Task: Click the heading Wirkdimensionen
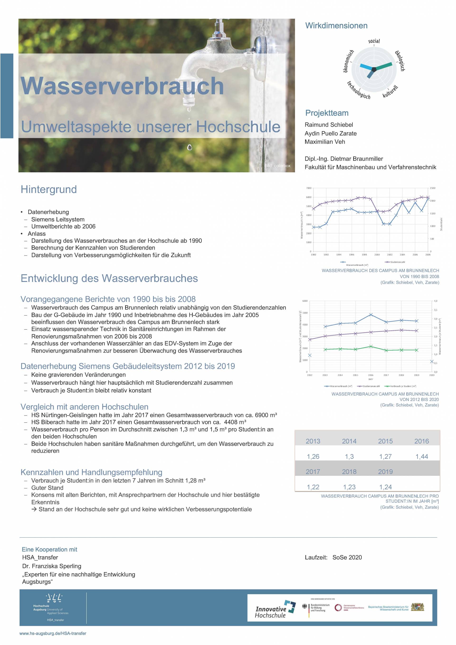(336, 26)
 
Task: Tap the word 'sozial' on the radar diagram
(374, 41)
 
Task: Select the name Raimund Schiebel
(329, 125)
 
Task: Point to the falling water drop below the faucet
(190, 147)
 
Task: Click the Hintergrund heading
(49, 189)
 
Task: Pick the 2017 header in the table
(313, 472)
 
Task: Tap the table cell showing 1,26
(313, 457)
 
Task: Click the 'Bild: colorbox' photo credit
(277, 166)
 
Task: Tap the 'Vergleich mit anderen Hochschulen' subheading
(84, 407)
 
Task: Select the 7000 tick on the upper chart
(309, 188)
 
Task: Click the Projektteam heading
(327, 113)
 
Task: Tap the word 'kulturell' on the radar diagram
(390, 92)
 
